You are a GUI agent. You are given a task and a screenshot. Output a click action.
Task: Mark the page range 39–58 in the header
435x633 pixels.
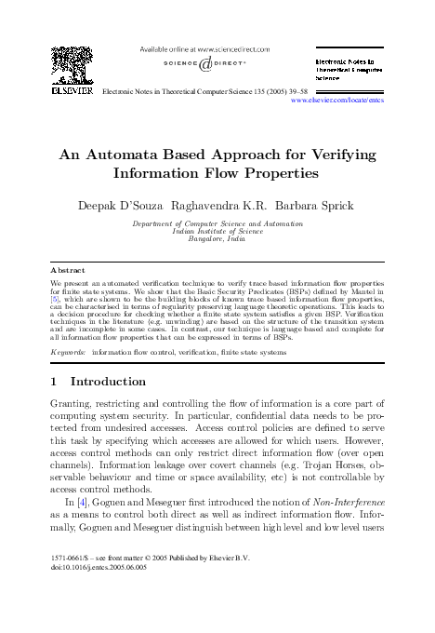[x=285, y=90]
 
